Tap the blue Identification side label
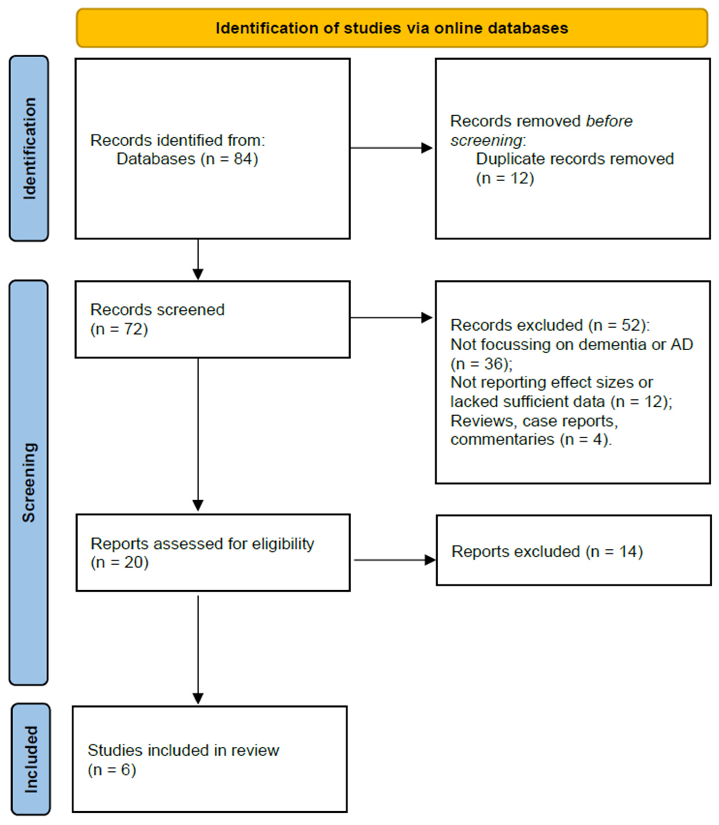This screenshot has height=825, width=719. point(29,148)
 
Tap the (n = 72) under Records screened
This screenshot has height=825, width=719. point(119,329)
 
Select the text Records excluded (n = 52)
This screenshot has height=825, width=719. point(550,325)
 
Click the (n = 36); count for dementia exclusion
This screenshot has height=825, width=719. point(482,364)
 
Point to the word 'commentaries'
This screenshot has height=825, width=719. point(502,439)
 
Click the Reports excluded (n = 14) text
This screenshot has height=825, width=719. point(547,551)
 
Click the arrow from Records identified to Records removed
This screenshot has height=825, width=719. point(391,148)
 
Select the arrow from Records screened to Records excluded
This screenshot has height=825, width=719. point(391,318)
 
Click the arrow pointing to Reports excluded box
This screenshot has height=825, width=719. point(394,560)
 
